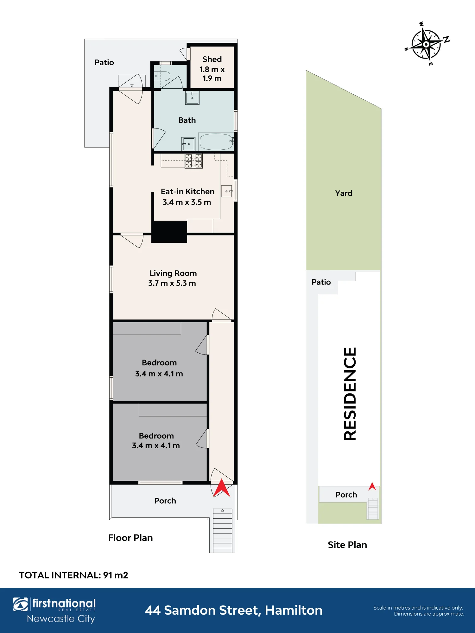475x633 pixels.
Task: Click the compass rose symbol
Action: (x=427, y=44)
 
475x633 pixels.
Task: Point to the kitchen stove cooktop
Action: (x=194, y=161)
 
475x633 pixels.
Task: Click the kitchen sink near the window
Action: (x=227, y=191)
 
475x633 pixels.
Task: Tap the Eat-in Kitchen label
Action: (x=187, y=191)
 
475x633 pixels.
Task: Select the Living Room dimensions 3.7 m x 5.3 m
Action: (x=172, y=283)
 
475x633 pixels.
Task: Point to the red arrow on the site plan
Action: (x=372, y=486)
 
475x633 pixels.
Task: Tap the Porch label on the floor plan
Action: (x=165, y=501)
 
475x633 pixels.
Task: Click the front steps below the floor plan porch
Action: (x=222, y=531)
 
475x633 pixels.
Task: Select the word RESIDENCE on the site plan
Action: (x=350, y=394)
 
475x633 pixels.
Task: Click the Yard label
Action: (x=344, y=193)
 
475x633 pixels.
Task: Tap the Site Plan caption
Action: (x=347, y=545)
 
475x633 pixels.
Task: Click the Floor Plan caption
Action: (x=130, y=538)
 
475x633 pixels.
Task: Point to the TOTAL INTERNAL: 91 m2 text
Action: (x=73, y=575)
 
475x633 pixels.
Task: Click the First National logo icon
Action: (x=21, y=604)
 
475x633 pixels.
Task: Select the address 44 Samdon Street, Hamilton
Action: (x=234, y=610)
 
